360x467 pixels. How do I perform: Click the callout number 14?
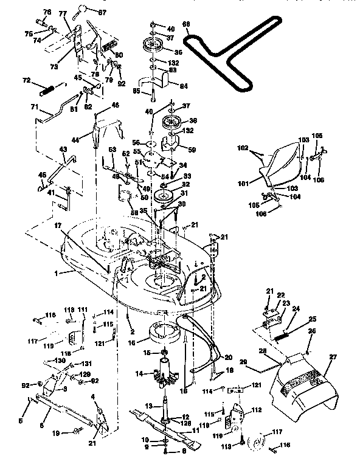(x=140, y=374)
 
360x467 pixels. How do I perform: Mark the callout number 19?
(x=57, y=434)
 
